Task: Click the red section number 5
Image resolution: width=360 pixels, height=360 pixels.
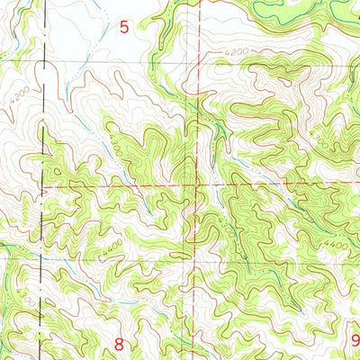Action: coord(124,28)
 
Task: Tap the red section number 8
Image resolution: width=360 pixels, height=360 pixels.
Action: coord(120,343)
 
